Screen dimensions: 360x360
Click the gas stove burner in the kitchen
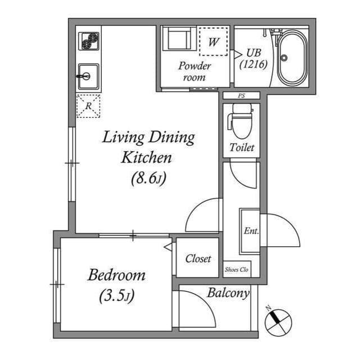click(89, 42)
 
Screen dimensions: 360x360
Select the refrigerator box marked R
click(88, 106)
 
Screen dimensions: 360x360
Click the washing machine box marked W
click(213, 42)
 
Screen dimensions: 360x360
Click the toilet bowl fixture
click(240, 123)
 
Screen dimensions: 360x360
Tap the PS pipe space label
click(241, 96)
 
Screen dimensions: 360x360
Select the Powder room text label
click(195, 71)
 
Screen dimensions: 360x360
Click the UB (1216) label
click(253, 58)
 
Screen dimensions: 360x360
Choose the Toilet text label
click(242, 147)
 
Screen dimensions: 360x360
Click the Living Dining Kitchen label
click(147, 146)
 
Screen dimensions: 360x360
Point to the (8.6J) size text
click(148, 179)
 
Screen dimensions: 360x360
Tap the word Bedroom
click(116, 276)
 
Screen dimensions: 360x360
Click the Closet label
click(198, 259)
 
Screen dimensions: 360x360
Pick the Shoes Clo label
click(237, 269)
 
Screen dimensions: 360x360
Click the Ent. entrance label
click(250, 231)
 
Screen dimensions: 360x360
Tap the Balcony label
click(228, 293)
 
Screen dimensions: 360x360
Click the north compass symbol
click(278, 321)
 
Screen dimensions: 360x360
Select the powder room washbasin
click(178, 40)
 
